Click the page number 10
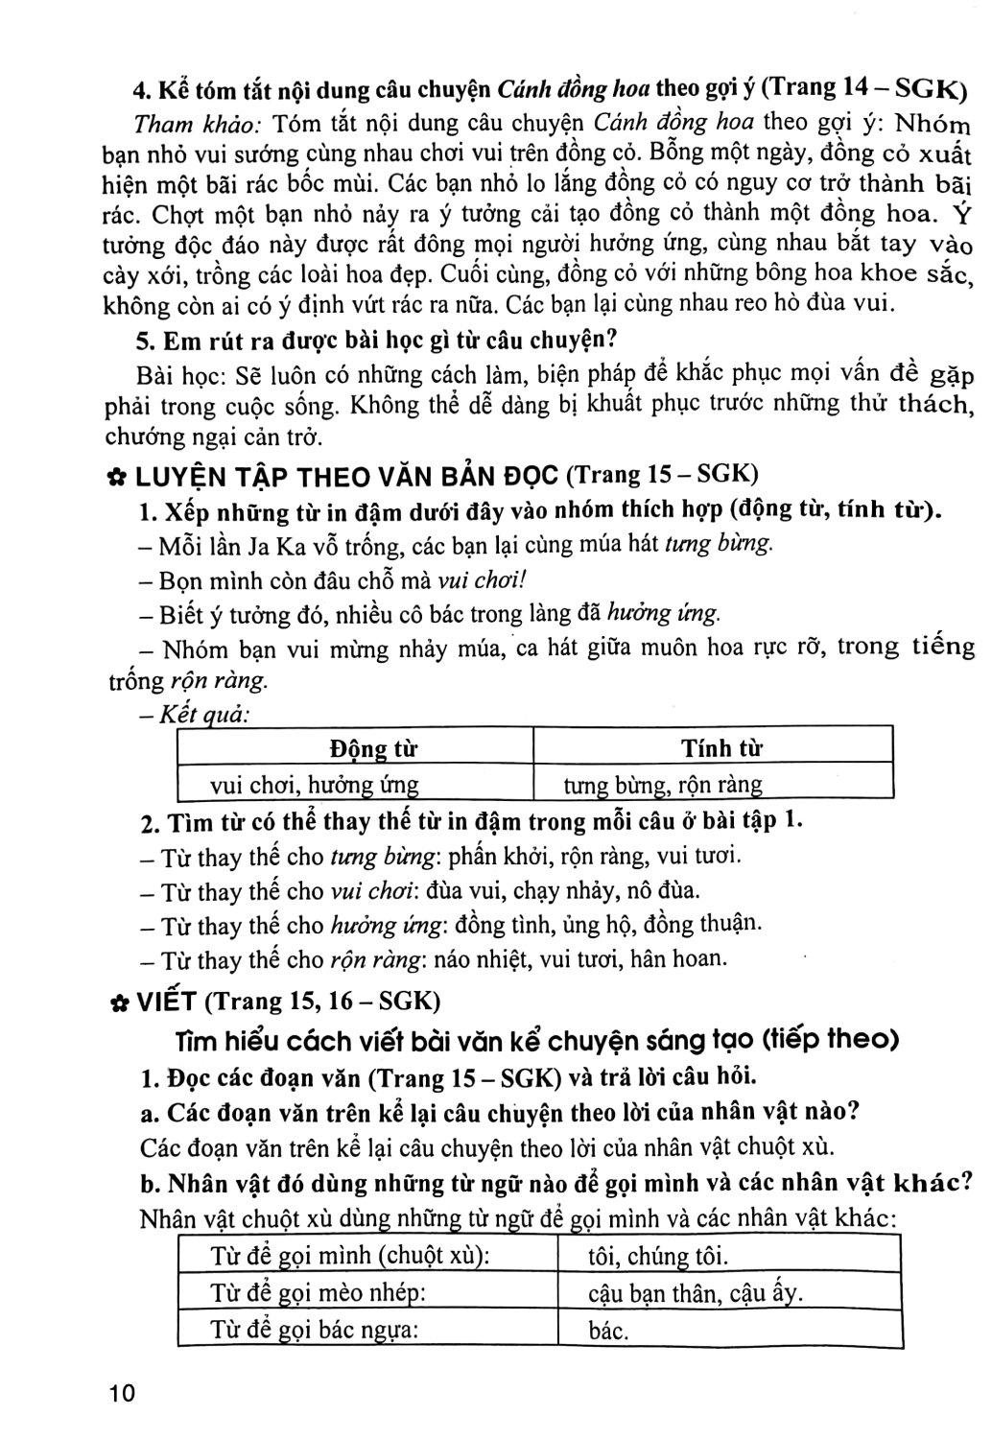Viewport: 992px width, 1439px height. [123, 1392]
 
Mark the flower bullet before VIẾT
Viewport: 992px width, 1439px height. [120, 1003]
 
